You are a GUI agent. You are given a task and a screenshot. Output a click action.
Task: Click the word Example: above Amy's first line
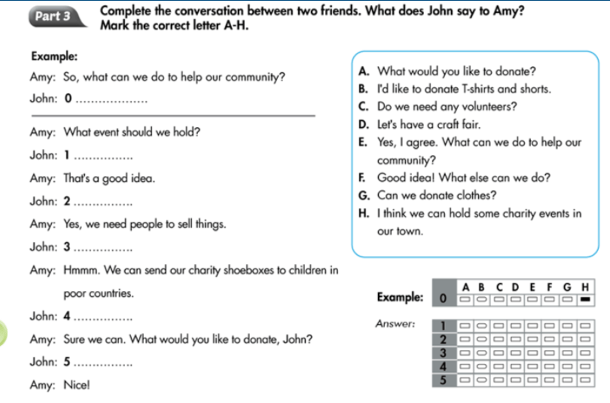click(54, 56)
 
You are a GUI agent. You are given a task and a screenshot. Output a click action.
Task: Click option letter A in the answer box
click(364, 72)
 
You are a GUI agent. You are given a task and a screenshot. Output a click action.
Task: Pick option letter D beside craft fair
click(364, 125)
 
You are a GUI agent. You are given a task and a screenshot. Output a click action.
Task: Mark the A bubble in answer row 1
click(465, 325)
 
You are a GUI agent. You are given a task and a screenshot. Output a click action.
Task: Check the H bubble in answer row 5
click(584, 379)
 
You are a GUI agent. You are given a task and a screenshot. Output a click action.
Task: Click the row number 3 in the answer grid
click(444, 352)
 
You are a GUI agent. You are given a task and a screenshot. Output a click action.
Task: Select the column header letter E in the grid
click(533, 286)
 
